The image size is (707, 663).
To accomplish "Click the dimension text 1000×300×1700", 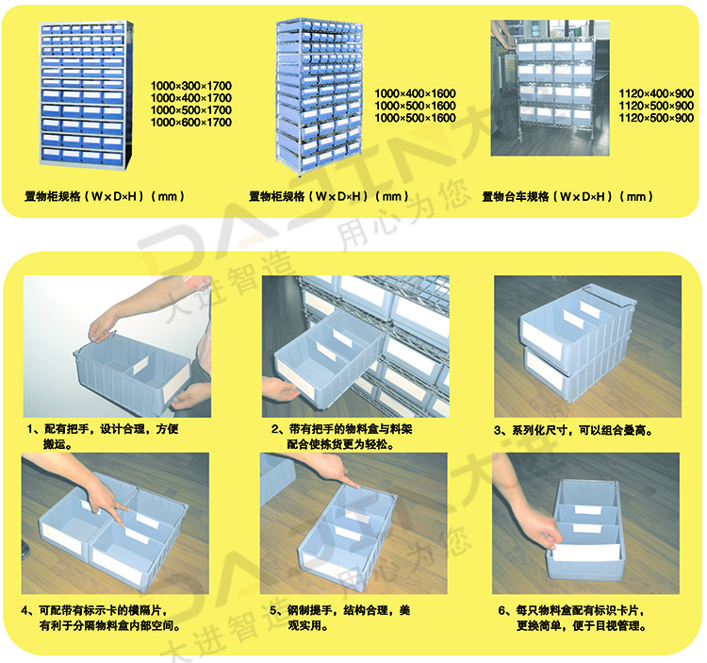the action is pyautogui.click(x=191, y=86).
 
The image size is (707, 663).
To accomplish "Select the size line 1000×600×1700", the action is pyautogui.click(x=191, y=123).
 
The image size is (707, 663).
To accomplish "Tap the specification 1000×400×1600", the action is pyautogui.click(x=416, y=93).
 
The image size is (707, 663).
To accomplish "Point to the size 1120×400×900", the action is pyautogui.click(x=656, y=93).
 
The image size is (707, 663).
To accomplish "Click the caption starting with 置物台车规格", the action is pyautogui.click(x=567, y=197).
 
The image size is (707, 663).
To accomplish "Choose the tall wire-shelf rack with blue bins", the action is pyautogui.click(x=320, y=95).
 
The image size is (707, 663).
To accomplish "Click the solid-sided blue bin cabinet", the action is pyautogui.click(x=86, y=94).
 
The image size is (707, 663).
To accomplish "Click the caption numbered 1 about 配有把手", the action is pyautogui.click(x=103, y=437).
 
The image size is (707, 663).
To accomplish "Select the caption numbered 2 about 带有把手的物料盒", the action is pyautogui.click(x=342, y=437).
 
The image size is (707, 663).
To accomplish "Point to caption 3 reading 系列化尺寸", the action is pyautogui.click(x=573, y=430).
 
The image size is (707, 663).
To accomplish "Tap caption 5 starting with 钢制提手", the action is pyautogui.click(x=340, y=618).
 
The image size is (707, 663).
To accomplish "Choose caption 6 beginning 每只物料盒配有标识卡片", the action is pyautogui.click(x=572, y=618).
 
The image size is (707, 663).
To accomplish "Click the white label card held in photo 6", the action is pyautogui.click(x=586, y=552).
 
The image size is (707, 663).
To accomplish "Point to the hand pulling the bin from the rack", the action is pyautogui.click(x=280, y=389).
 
